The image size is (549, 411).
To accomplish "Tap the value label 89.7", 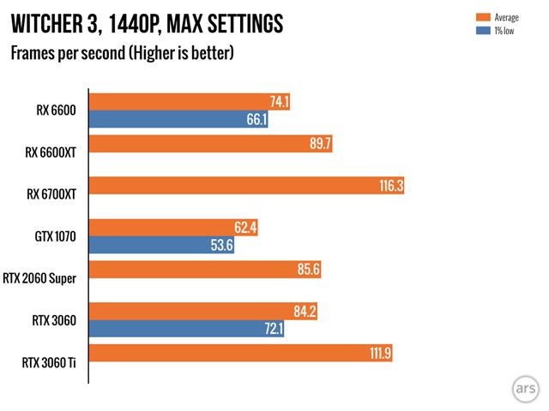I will tap(320, 144).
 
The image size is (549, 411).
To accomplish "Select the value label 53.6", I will tap(222, 246).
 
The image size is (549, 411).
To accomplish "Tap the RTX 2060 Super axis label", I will tap(44, 279).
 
